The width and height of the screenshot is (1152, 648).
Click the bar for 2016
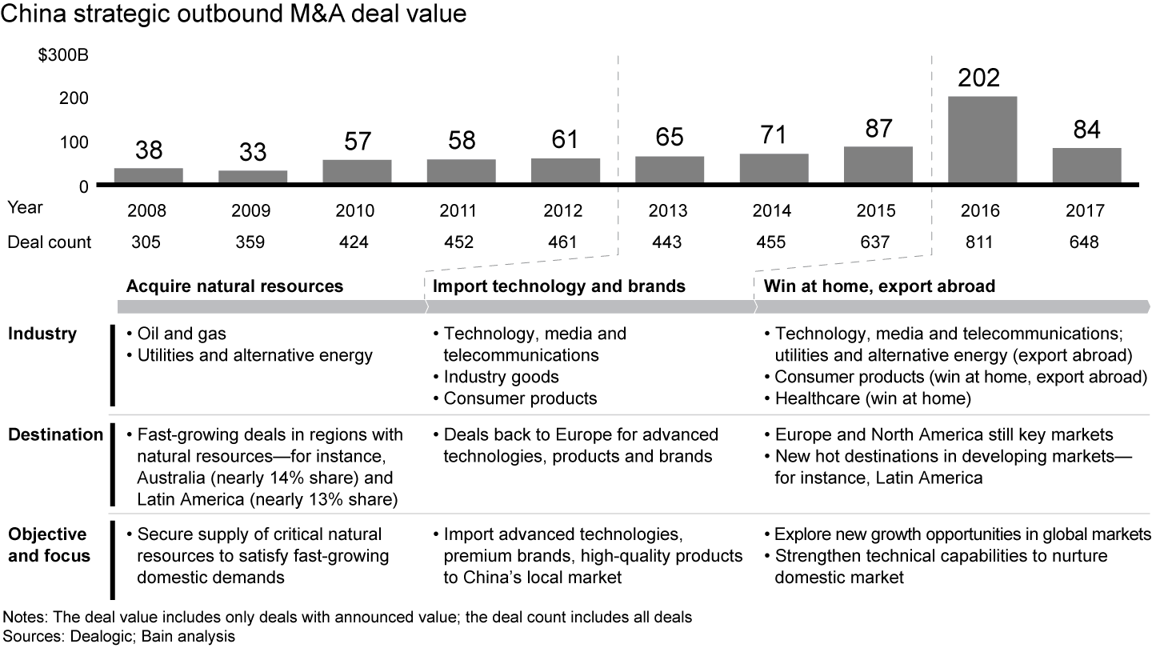[x=982, y=140]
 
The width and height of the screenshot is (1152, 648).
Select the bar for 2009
[x=253, y=177]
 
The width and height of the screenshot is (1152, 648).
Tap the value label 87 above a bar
[x=878, y=129]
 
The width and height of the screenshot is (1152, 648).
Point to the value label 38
[x=148, y=150]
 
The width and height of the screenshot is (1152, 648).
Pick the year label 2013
[x=669, y=211]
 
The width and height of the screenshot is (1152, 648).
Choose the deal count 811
[x=982, y=242]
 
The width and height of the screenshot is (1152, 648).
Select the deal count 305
[x=148, y=242]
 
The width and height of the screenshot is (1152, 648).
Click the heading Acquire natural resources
[x=235, y=286]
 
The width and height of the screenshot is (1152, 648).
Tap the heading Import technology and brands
[x=559, y=286]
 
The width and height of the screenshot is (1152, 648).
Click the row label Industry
[x=42, y=334]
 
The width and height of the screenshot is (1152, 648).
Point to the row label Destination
[x=56, y=435]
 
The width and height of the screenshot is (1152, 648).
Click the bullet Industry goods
[x=501, y=377]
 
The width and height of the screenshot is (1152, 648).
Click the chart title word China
[x=30, y=14]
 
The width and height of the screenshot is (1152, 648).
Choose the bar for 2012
[x=565, y=171]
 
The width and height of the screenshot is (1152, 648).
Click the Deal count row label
[x=50, y=242]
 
